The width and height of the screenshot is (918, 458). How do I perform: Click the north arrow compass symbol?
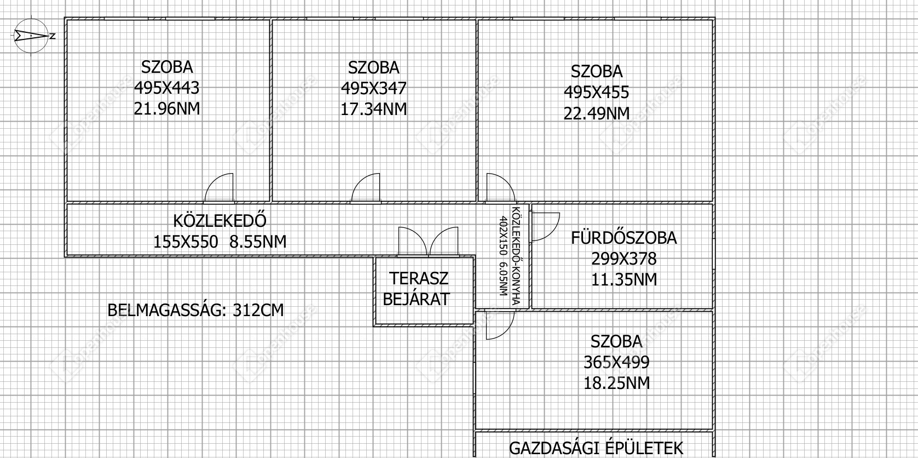[31, 36]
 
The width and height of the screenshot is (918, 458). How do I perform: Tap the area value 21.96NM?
[167, 109]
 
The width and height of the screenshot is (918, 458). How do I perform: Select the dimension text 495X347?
[374, 89]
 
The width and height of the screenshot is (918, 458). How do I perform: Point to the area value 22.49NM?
[597, 113]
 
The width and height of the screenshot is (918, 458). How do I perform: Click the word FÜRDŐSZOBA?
[623, 238]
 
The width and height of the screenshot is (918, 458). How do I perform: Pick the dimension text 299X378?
[623, 259]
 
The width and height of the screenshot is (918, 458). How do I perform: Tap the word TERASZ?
[419, 278]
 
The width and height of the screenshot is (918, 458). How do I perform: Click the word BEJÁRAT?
[417, 299]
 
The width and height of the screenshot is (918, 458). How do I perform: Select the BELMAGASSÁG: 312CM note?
[195, 310]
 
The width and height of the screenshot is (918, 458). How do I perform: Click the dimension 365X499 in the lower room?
[616, 363]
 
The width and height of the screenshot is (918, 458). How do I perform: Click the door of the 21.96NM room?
[220, 188]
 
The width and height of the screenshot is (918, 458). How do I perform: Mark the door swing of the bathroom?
[545, 227]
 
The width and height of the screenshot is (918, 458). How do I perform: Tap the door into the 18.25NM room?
[500, 325]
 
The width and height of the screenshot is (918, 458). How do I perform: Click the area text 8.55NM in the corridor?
[258, 242]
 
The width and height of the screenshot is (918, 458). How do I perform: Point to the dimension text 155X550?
[186, 242]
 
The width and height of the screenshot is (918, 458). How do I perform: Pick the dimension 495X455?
[597, 93]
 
